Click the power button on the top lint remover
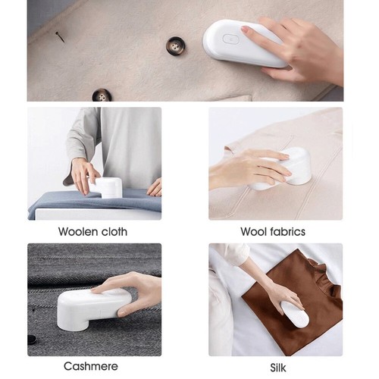(x=232, y=39)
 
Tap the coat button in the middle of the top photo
(x=177, y=45)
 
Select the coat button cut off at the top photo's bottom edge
(x=102, y=96)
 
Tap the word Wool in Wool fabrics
(x=254, y=231)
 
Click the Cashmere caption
(x=91, y=366)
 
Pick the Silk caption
(x=278, y=368)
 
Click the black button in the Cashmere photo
(x=32, y=340)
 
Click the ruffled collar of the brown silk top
(x=318, y=270)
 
